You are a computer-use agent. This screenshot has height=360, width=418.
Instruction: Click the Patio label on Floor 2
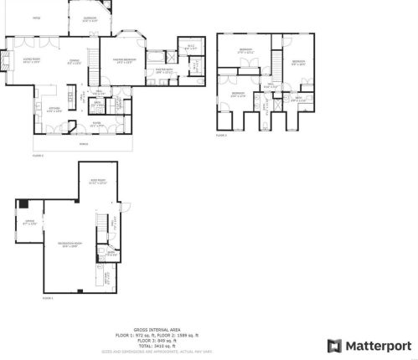pos(37,16)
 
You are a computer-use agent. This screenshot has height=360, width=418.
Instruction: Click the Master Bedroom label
pos(123,59)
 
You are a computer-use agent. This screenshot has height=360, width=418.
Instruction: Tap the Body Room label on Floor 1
pos(96,181)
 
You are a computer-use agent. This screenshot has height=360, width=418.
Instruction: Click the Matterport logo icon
pos(333,345)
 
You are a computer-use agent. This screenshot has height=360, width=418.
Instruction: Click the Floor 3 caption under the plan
pos(221,135)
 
